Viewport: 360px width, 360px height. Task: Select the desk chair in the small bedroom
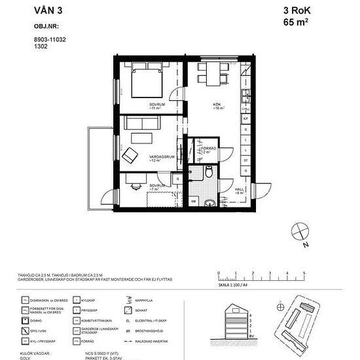(x=135, y=185)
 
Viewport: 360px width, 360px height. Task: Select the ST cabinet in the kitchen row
(x=245, y=160)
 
